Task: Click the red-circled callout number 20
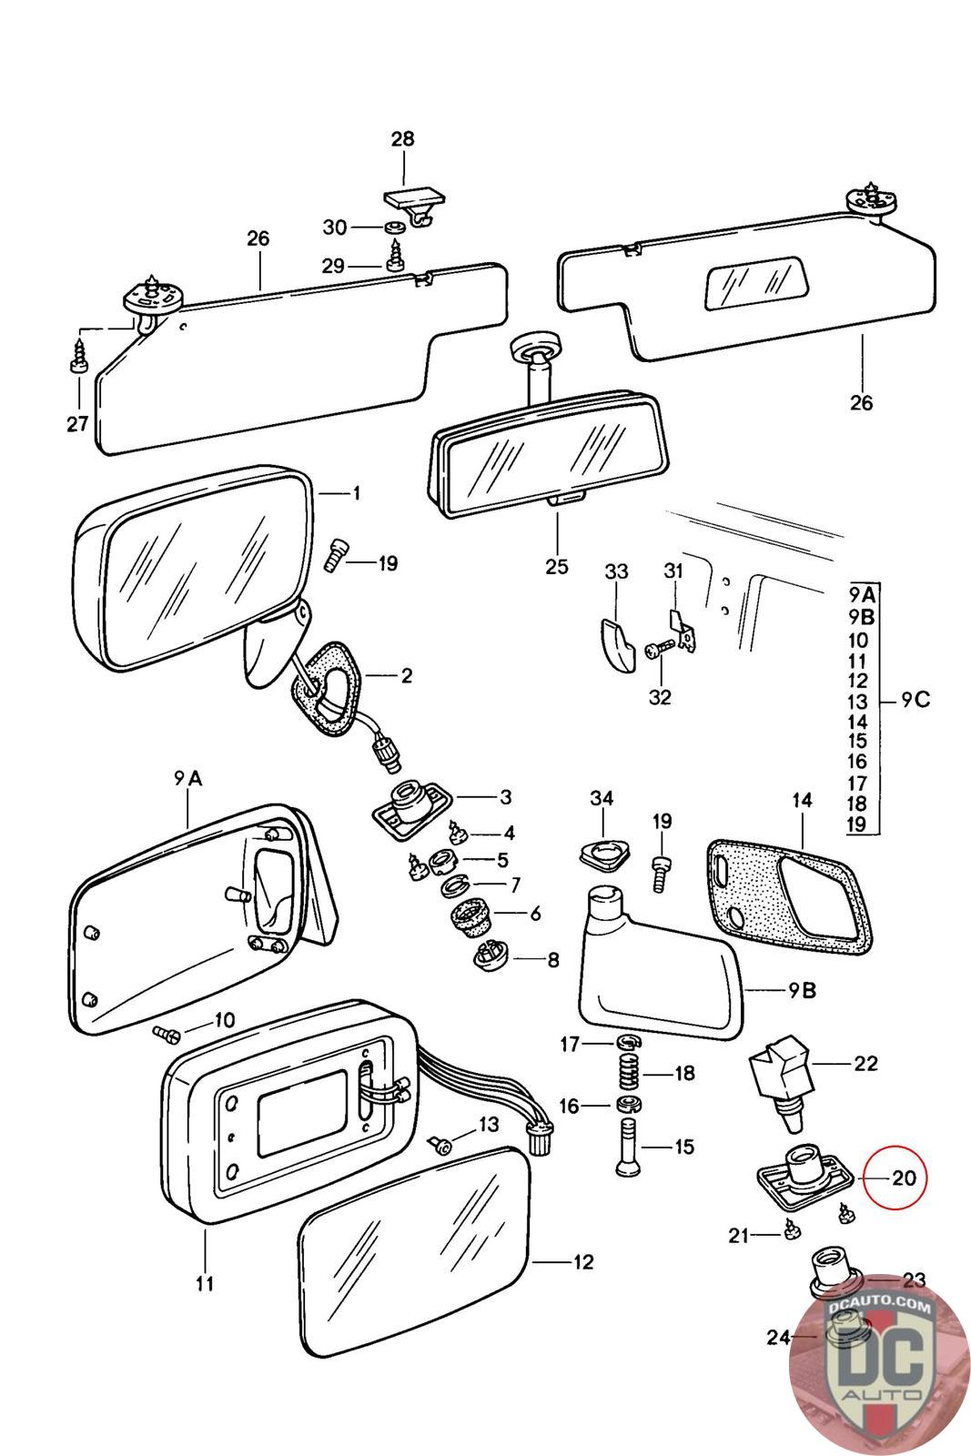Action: pos(903,1178)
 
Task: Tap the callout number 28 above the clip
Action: pos(402,139)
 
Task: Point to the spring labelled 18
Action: pos(626,1074)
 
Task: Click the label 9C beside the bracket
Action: pos(915,701)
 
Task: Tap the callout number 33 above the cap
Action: pos(616,571)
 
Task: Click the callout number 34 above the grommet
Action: pos(602,798)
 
